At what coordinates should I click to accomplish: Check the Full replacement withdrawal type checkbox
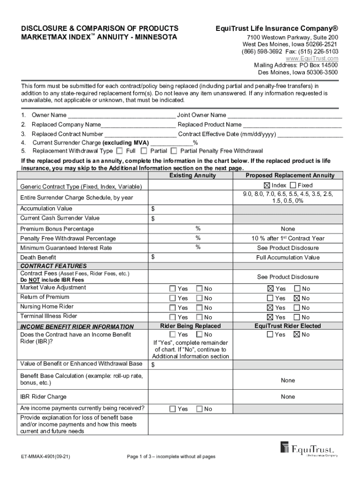(119, 151)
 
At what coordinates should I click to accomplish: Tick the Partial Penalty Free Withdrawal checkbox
(174, 151)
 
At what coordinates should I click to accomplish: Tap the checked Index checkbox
(267, 185)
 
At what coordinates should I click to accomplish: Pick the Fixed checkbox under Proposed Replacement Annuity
(293, 185)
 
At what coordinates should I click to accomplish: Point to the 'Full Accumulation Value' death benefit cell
(288, 258)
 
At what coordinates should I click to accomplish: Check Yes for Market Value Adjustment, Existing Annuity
(173, 289)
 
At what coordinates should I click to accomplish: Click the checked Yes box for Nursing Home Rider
(270, 308)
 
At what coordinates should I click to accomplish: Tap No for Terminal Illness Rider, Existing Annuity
(199, 317)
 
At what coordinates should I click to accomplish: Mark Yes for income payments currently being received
(173, 409)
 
